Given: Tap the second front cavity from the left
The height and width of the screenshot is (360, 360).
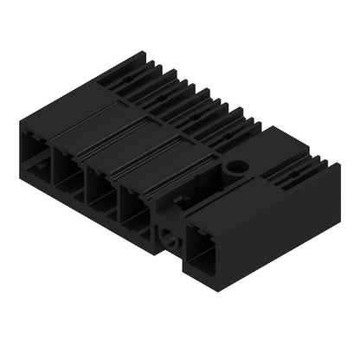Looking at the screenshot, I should coord(67,170).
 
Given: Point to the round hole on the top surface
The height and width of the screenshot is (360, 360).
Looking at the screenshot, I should coord(235,164).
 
